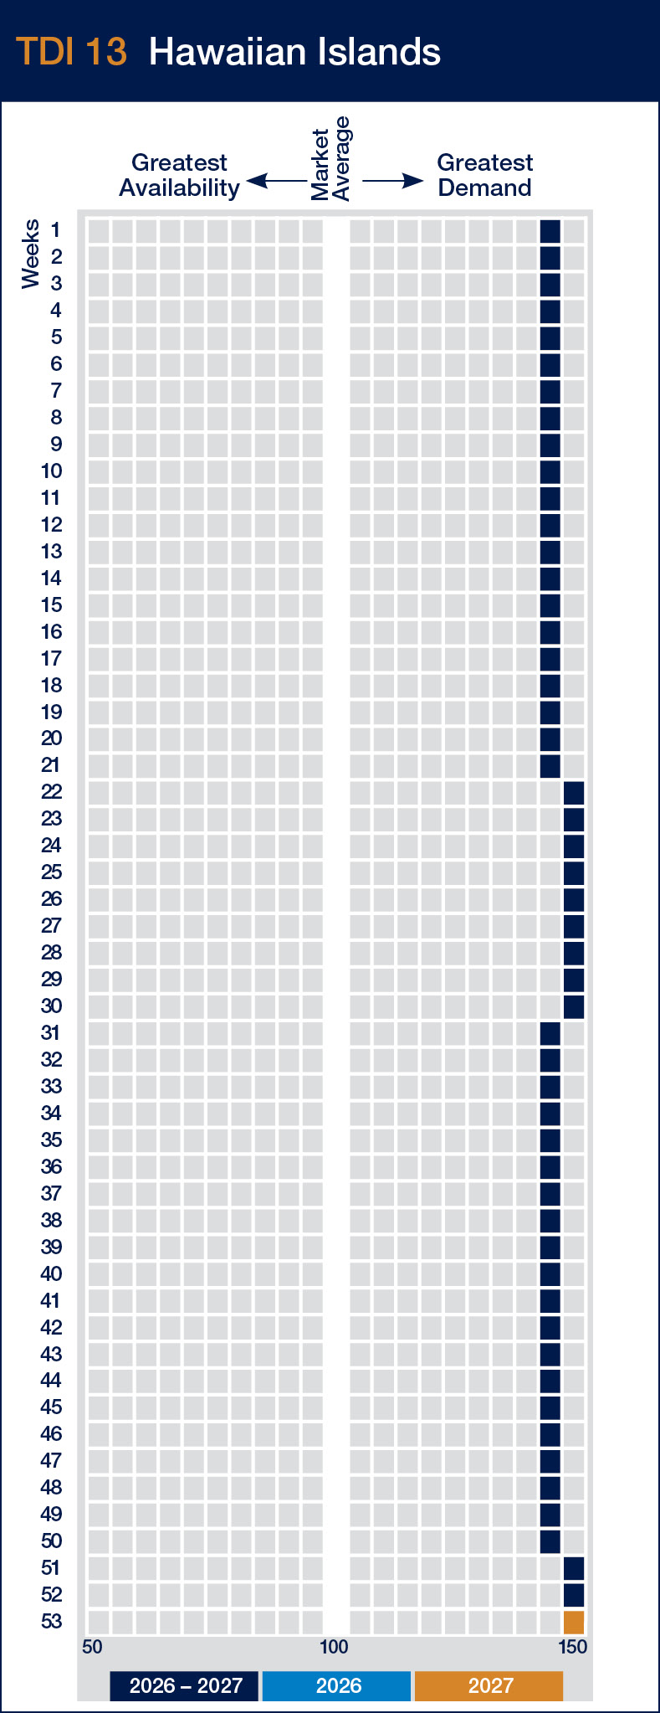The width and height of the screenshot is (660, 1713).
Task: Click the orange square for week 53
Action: tap(573, 1622)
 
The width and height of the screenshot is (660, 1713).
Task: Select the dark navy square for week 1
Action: tap(550, 230)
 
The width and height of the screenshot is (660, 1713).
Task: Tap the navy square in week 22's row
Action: tap(573, 792)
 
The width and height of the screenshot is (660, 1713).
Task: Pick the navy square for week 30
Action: tap(573, 1006)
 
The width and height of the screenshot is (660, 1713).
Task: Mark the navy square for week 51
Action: tap(573, 1568)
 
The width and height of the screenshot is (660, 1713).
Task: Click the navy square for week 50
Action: tap(550, 1541)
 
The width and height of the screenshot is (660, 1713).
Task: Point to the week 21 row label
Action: tap(51, 765)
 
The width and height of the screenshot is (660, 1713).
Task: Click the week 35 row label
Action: tap(51, 1140)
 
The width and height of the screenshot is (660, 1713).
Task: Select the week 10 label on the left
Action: tap(51, 471)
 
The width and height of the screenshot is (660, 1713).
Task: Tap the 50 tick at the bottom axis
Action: tap(92, 1647)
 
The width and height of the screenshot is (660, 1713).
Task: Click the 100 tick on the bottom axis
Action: tap(334, 1647)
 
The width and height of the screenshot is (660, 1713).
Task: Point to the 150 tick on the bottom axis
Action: tap(573, 1647)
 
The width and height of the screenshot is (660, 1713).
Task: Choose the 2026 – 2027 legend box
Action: tap(186, 1685)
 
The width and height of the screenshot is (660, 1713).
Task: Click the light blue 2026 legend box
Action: tap(337, 1685)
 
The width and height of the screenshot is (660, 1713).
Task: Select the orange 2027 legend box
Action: tap(489, 1685)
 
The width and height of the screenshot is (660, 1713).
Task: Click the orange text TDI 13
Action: tap(72, 52)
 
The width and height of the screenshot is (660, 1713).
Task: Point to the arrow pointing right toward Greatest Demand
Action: tap(392, 181)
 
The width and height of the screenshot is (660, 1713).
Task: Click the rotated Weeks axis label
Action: tap(31, 254)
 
